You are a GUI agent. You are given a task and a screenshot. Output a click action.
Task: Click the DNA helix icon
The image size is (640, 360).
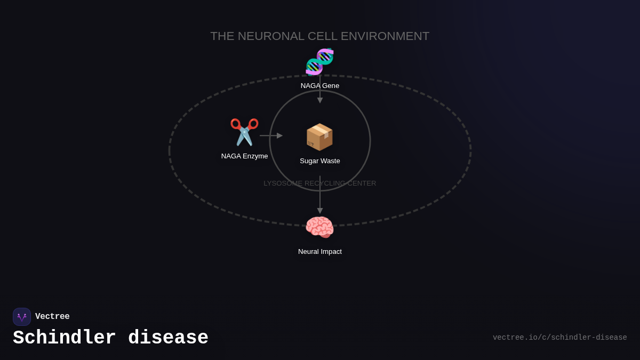pyautogui.click(x=319, y=62)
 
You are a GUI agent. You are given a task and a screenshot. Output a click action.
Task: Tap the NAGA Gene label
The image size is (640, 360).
pyautogui.click(x=319, y=86)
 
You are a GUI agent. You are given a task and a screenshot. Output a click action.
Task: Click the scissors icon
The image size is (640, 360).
pyautogui.click(x=244, y=132)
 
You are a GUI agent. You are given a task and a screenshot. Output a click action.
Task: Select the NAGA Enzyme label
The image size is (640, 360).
pyautogui.click(x=244, y=156)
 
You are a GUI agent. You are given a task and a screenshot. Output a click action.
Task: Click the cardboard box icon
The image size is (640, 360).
pyautogui.click(x=319, y=137)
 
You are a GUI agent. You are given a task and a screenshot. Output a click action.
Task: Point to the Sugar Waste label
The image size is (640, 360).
pyautogui.click(x=319, y=161)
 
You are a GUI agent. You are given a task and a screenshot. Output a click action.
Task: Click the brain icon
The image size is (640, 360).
pyautogui.click(x=319, y=228)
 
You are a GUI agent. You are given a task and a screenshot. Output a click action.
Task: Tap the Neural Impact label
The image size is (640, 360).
pyautogui.click(x=319, y=252)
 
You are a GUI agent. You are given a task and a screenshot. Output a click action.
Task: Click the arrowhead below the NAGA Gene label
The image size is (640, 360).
pyautogui.click(x=320, y=100)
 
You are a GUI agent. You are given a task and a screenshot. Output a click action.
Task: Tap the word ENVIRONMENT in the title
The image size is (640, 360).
pyautogui.click(x=385, y=36)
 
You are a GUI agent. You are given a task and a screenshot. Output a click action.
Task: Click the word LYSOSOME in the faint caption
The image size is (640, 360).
pyautogui.click(x=283, y=183)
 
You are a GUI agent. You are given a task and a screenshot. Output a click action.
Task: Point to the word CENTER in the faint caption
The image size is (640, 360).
pyautogui.click(x=362, y=183)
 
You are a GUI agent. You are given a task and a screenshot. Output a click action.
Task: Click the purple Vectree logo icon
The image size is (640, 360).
pyautogui.click(x=22, y=317)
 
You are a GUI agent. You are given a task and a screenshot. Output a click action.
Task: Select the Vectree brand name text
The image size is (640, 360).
pyautogui.click(x=52, y=317)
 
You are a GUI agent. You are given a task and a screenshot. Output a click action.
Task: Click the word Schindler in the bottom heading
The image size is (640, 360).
pyautogui.click(x=65, y=338)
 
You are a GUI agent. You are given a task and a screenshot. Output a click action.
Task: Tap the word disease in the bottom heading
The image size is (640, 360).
pyautogui.click(x=168, y=338)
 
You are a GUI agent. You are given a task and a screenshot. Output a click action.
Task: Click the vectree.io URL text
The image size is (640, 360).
pyautogui.click(x=559, y=338)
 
